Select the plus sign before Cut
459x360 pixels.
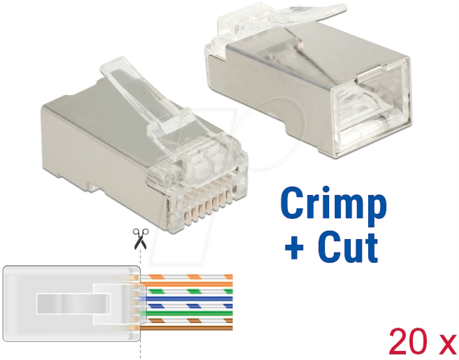click(293, 248)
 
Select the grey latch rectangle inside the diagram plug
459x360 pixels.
click(70, 303)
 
